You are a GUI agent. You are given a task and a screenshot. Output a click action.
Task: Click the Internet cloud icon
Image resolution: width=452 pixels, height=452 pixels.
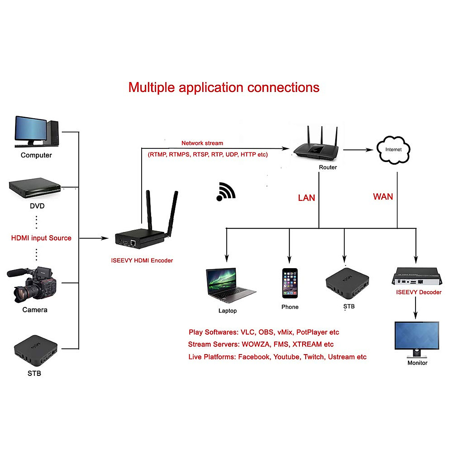[x=393, y=150]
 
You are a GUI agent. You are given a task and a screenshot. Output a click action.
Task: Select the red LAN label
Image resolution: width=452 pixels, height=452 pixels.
[x=306, y=198]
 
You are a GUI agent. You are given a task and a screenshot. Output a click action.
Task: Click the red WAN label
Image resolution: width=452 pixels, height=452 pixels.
[x=383, y=197]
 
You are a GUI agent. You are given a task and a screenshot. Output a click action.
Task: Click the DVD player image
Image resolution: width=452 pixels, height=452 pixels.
[x=35, y=188]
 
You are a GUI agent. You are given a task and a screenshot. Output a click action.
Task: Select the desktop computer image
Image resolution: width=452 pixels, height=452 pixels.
[x=36, y=131]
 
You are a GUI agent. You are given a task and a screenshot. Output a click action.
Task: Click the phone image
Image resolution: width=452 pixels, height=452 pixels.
[x=290, y=283]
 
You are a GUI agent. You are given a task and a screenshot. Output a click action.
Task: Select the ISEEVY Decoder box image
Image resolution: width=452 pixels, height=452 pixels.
[x=417, y=276]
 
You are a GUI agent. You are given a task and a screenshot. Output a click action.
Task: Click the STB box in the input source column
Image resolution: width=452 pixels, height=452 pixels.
[x=35, y=350]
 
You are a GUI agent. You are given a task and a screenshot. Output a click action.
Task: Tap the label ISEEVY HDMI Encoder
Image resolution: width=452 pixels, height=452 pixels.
[x=142, y=260]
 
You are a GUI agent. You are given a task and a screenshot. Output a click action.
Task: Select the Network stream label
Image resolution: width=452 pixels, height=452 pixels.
[x=202, y=143]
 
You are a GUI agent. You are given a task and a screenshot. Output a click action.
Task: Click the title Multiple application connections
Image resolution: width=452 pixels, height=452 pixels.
[x=224, y=87]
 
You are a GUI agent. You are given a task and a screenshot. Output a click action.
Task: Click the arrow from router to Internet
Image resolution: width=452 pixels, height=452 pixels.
[x=358, y=150]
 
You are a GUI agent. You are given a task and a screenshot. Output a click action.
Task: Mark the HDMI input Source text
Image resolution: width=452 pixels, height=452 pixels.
[x=41, y=238]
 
